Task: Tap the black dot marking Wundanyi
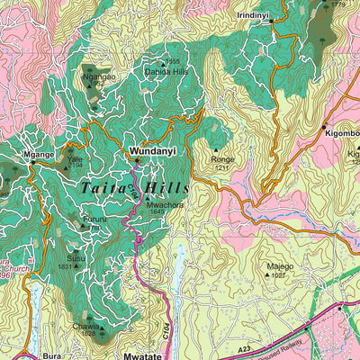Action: point(137,160)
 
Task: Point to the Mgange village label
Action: point(40,154)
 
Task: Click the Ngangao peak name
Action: point(99,76)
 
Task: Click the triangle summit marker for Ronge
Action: point(216,150)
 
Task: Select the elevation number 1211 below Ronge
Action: point(221,168)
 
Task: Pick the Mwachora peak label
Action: point(166,204)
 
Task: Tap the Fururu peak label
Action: point(94,217)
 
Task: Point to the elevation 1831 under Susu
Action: point(65,266)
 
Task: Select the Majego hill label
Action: point(280,266)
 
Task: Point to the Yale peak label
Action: point(75,157)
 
